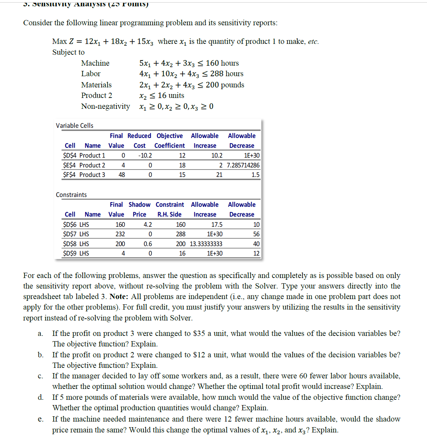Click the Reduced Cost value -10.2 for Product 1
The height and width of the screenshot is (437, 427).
click(145, 155)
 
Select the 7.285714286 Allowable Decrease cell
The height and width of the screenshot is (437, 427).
click(243, 165)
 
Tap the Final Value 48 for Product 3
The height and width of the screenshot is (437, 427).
click(122, 175)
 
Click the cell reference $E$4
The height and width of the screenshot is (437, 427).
click(69, 165)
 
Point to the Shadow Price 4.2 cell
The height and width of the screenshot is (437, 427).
click(148, 225)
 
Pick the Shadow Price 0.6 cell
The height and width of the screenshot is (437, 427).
click(148, 244)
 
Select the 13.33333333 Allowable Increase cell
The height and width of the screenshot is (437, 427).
click(206, 244)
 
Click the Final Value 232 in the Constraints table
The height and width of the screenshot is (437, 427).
click(120, 234)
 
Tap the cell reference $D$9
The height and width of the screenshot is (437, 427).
click(69, 253)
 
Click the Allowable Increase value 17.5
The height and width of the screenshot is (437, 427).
click(217, 225)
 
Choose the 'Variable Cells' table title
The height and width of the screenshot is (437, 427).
click(75, 126)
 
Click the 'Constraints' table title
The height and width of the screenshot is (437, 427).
click(71, 195)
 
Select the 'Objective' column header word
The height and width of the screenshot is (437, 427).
click(170, 136)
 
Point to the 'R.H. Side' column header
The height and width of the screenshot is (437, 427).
click(169, 214)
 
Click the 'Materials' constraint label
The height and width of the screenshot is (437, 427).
click(96, 85)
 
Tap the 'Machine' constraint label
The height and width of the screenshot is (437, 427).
click(95, 63)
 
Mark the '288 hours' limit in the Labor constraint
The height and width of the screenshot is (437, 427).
click(227, 74)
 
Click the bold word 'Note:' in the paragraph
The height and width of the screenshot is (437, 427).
click(119, 297)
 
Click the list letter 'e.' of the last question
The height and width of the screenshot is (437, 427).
click(41, 419)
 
